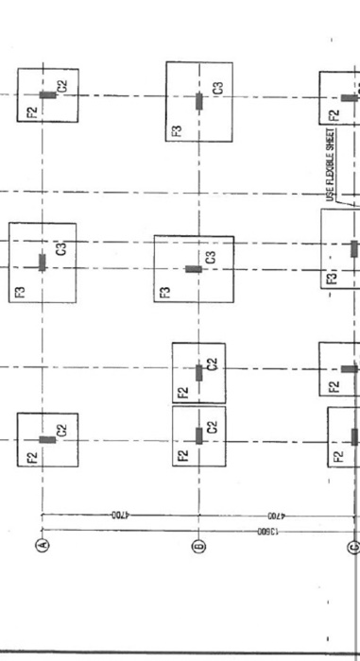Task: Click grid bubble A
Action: (x=42, y=545)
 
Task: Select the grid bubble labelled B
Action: (x=198, y=545)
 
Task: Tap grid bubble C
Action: (x=354, y=545)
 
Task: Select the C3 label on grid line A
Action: (x=61, y=249)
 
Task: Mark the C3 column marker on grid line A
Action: (x=42, y=262)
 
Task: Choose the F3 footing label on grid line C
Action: (x=331, y=280)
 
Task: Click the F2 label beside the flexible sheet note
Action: (x=333, y=117)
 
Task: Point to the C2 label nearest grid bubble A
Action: (x=61, y=431)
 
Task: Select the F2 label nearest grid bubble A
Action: (x=31, y=457)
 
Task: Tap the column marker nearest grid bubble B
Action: (x=198, y=434)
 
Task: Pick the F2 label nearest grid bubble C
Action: (x=337, y=457)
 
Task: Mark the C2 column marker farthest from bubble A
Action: (x=47, y=94)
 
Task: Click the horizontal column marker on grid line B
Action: (x=194, y=269)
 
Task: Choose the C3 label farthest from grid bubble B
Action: (x=61, y=249)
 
